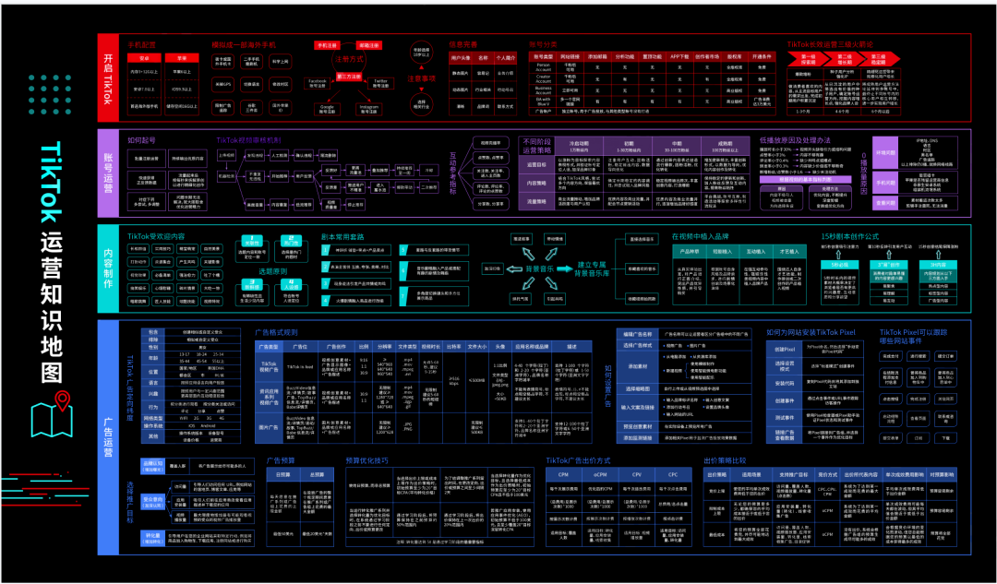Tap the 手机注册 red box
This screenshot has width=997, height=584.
coord(327,44)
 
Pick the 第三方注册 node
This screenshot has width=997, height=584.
coord(349,76)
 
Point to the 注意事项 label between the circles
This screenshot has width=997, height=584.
coord(422,77)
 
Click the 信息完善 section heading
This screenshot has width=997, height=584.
coord(463,43)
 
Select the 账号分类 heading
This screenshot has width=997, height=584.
coord(544,43)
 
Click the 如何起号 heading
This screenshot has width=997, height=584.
coord(142,140)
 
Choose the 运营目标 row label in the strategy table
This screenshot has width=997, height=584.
coord(536,165)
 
